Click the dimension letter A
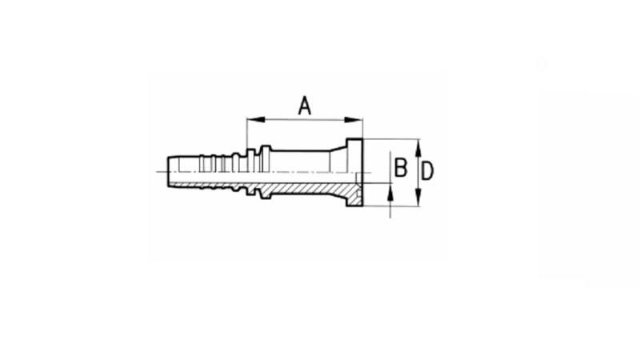click(x=305, y=105)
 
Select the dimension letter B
click(x=402, y=169)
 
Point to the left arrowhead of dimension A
click(x=252, y=121)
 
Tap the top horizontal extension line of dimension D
click(x=392, y=138)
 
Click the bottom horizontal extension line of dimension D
click(x=392, y=206)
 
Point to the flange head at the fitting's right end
click(x=355, y=173)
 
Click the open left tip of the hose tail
click(x=167, y=173)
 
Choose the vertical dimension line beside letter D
click(x=418, y=172)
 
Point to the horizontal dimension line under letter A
click(x=304, y=121)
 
